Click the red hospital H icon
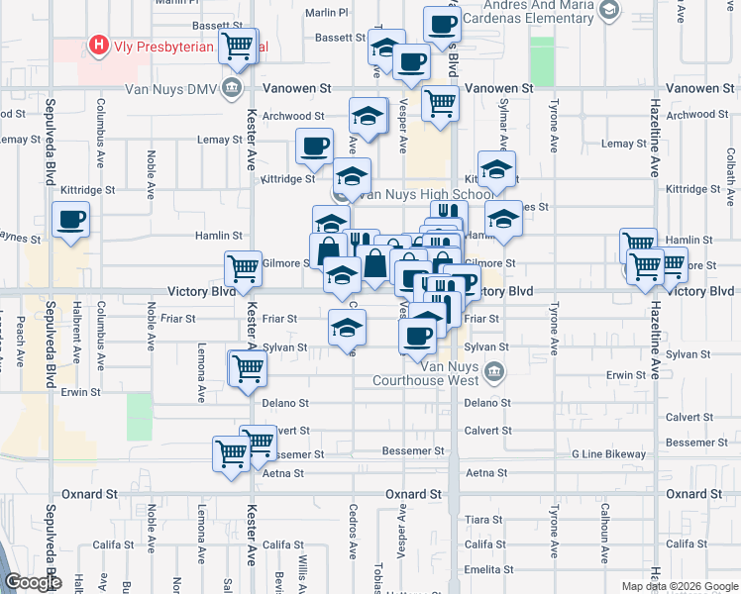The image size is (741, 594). click(x=99, y=45)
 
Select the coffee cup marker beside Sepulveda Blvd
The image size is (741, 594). click(x=70, y=220)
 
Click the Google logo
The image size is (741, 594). click(x=32, y=582)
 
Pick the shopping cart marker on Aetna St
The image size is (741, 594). click(x=232, y=455)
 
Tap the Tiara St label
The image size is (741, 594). click(x=484, y=520)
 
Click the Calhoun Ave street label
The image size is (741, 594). click(x=603, y=536)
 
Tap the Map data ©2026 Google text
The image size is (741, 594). click(x=679, y=586)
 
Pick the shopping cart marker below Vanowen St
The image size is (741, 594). click(x=439, y=102)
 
